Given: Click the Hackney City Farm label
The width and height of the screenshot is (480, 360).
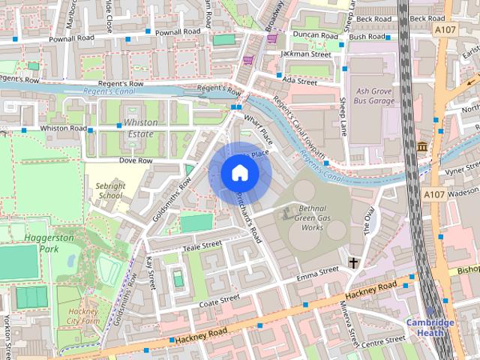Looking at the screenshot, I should [x=82, y=316].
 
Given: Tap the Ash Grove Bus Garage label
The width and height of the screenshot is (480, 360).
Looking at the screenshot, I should [x=373, y=94].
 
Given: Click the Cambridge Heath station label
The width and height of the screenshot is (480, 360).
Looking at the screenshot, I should [x=430, y=327].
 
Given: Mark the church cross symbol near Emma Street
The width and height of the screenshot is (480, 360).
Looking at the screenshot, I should [x=352, y=263].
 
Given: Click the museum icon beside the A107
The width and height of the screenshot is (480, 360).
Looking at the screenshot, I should [x=423, y=145].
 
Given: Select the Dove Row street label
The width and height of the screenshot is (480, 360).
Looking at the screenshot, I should [x=136, y=160].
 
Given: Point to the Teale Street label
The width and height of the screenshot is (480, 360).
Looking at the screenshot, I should [x=203, y=244].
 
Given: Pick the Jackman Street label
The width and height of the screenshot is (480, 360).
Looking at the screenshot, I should [x=305, y=54].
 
